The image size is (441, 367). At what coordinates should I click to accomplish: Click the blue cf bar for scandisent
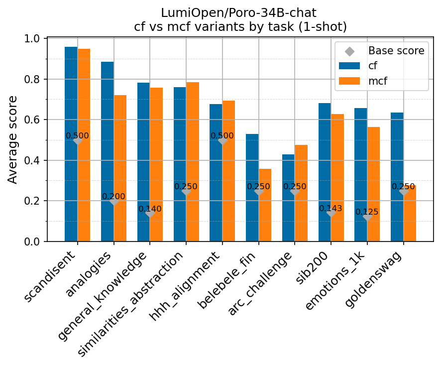click(x=71, y=144)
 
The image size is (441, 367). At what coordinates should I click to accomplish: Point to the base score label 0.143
click(x=331, y=209)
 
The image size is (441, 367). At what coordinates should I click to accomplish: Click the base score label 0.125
click(x=367, y=212)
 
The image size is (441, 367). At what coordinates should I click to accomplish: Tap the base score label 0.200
click(x=113, y=197)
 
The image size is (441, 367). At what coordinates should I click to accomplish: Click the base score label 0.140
click(x=150, y=209)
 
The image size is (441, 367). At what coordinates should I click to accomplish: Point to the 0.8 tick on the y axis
click(x=35, y=80)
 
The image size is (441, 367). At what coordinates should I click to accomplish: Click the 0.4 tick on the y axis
click(x=35, y=161)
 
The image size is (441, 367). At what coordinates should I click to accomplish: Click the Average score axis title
click(x=13, y=140)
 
